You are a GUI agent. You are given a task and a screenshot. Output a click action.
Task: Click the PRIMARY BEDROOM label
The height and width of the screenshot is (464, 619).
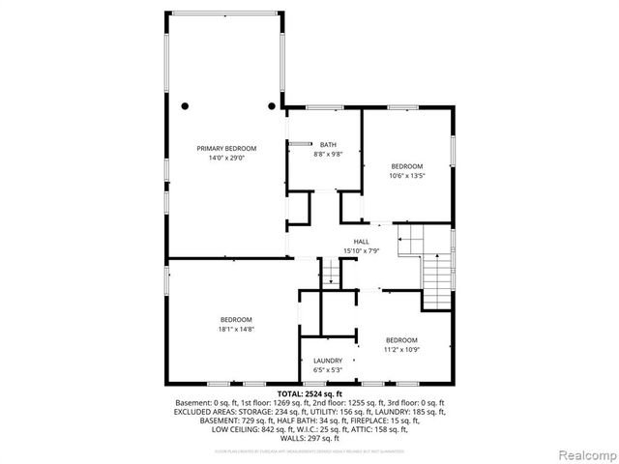[x=226, y=148]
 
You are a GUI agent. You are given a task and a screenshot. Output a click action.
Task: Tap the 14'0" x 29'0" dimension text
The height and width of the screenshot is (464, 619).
[x=226, y=158]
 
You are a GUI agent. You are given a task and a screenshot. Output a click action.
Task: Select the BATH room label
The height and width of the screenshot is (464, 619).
[x=329, y=145]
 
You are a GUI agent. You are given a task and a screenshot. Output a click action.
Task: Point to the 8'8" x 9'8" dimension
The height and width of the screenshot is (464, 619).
[x=329, y=155]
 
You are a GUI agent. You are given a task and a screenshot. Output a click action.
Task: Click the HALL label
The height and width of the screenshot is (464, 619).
[x=361, y=242]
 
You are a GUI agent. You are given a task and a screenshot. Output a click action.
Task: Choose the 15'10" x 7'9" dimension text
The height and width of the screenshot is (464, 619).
[x=361, y=251]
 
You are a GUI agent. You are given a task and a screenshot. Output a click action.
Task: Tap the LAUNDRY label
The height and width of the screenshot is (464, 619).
[x=327, y=361]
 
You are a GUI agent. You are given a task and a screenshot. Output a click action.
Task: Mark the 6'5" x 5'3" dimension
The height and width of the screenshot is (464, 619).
[x=327, y=370]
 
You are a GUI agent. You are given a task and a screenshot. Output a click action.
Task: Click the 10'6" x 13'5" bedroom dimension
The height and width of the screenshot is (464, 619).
[x=407, y=176]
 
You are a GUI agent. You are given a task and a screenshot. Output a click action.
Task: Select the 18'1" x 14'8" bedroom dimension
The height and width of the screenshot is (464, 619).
[x=236, y=330]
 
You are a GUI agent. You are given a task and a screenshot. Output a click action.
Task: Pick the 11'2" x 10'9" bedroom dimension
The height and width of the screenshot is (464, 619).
[x=401, y=349]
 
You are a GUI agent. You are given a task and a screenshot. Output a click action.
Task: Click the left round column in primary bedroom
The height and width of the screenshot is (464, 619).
[x=185, y=105]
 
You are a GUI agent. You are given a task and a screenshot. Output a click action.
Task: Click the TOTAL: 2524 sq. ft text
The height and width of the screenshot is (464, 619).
[x=309, y=393]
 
